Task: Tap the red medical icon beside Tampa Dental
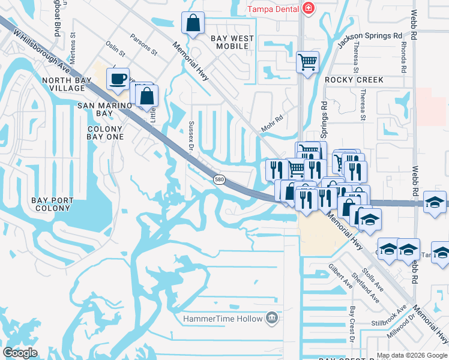point(308,8)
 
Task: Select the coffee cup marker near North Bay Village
point(118,79)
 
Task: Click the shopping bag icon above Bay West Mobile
point(193,24)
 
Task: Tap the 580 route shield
point(219,179)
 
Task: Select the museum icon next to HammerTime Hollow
point(273,317)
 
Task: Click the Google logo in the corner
point(20,353)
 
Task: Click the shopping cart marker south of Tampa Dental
point(307,61)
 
